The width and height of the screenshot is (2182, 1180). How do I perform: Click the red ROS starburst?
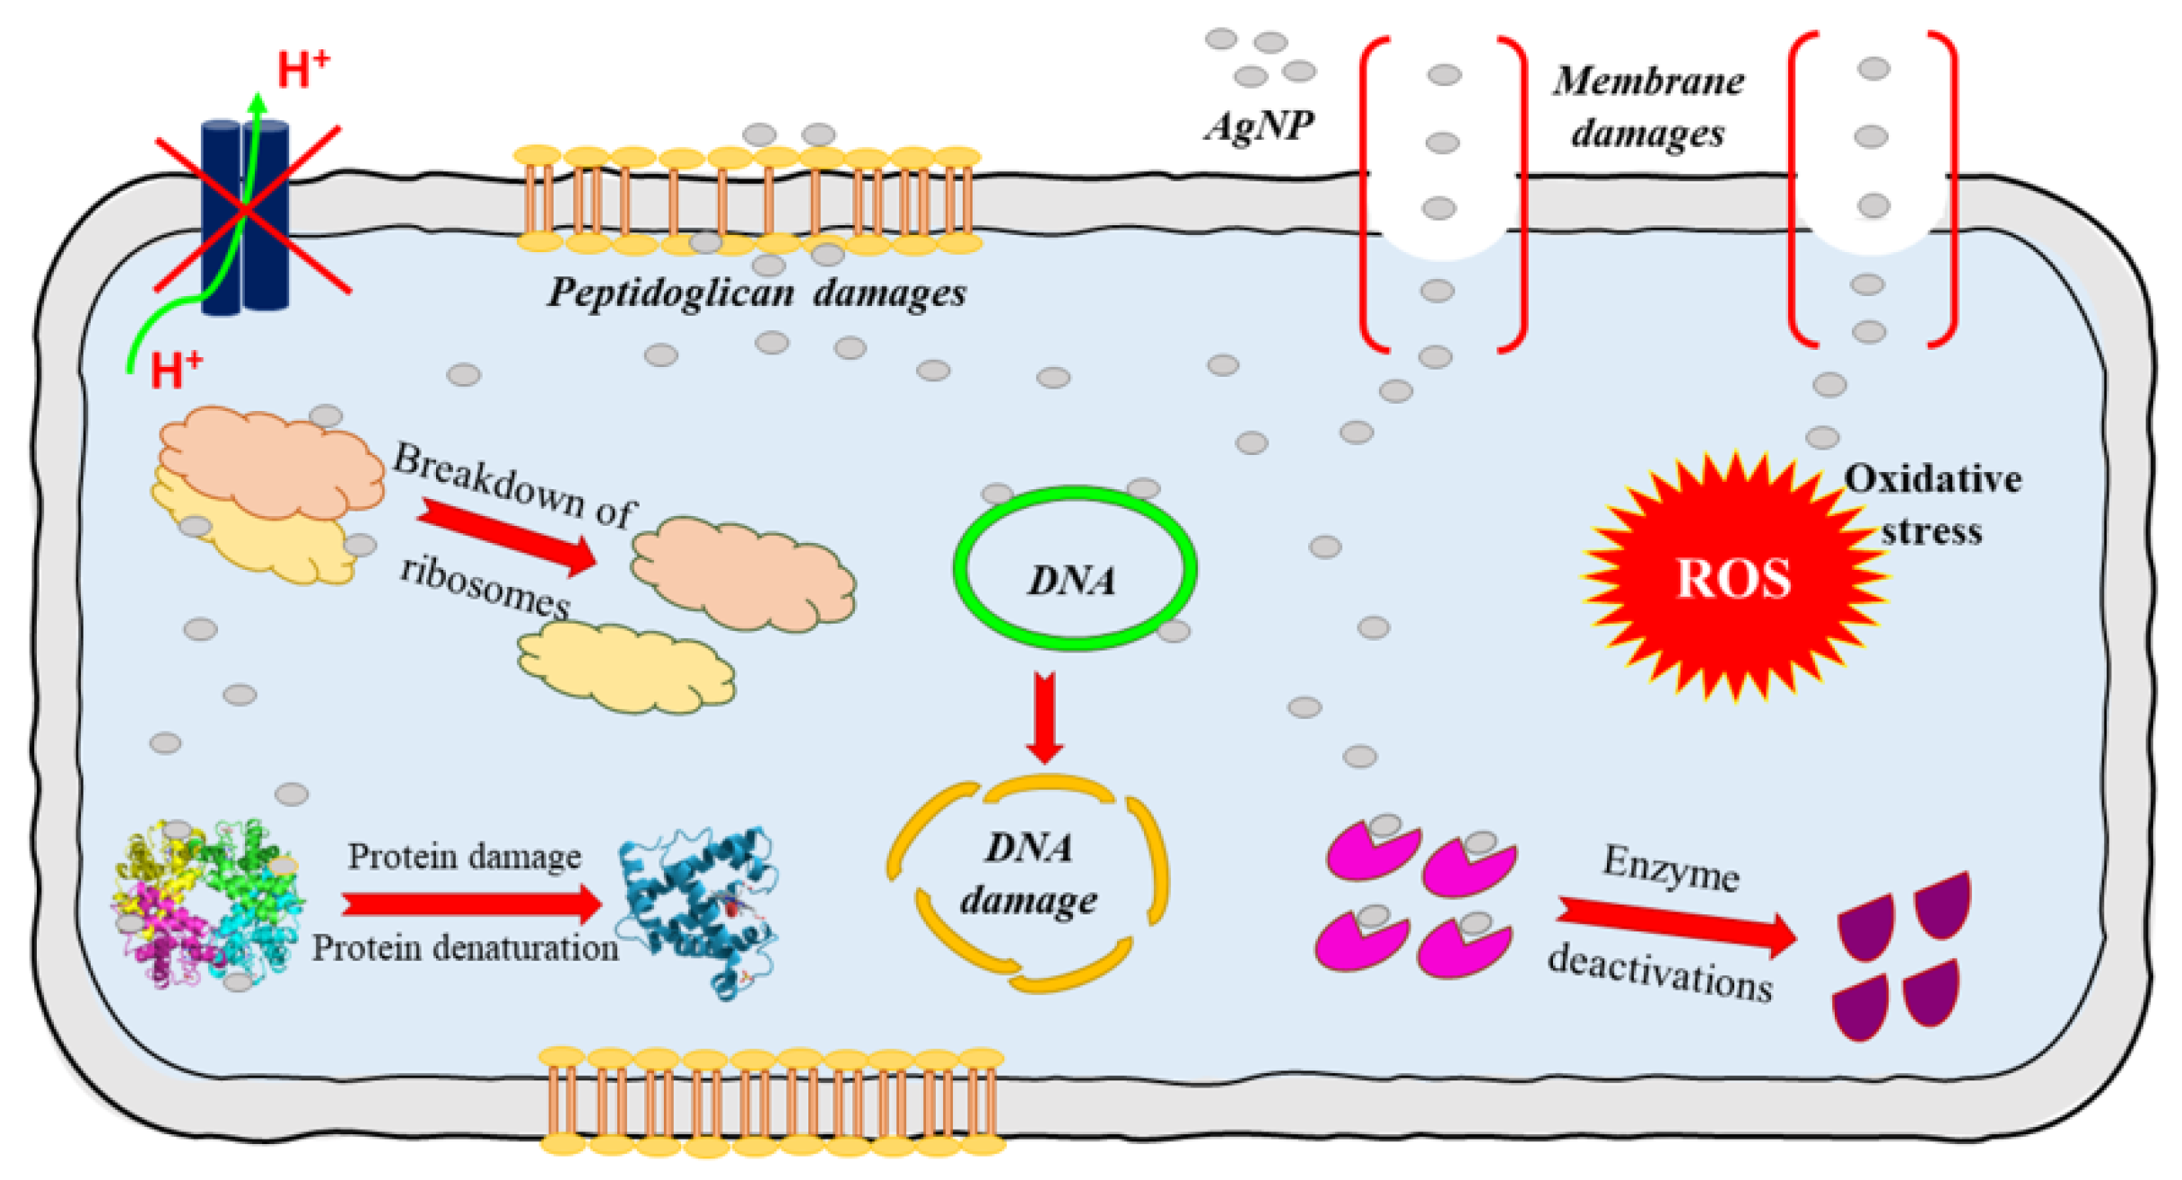coord(1733,578)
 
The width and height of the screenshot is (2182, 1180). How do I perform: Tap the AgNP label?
coord(1259,126)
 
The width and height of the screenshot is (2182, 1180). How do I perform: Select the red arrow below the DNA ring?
coord(1045,718)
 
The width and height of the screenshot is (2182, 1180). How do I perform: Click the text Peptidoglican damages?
coord(756,293)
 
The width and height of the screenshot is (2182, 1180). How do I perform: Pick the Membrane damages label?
coord(1648,107)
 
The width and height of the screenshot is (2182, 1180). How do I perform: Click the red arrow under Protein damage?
coord(471,903)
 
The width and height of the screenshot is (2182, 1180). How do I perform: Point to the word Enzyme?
coord(1671,869)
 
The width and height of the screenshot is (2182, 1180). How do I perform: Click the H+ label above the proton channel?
coord(303,70)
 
